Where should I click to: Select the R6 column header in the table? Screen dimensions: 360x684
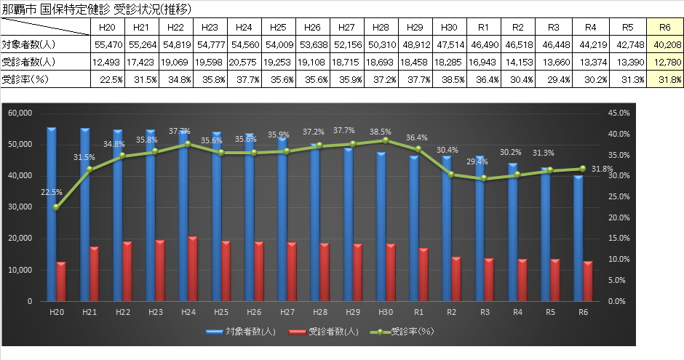click(664, 27)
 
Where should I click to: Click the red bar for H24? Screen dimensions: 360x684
click(193, 268)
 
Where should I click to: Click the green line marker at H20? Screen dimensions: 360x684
click(57, 207)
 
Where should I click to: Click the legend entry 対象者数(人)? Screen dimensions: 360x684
click(247, 332)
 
